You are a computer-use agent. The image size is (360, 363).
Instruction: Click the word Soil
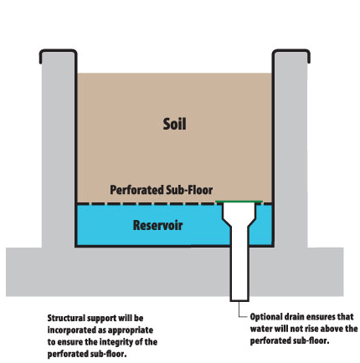[x=174, y=124]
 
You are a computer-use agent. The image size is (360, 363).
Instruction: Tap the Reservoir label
[x=157, y=225]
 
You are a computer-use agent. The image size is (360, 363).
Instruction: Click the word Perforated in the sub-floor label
[x=136, y=190]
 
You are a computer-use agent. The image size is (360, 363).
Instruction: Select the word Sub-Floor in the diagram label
[x=189, y=190]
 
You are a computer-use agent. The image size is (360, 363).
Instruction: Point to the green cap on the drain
[x=239, y=202]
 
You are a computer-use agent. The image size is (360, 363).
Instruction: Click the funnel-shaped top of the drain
[x=239, y=214]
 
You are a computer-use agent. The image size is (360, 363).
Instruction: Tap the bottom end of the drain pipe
[x=239, y=301]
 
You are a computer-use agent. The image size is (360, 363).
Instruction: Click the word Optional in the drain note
[x=265, y=317]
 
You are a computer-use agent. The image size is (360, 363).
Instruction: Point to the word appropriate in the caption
[x=131, y=330]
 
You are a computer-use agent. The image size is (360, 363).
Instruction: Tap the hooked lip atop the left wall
[x=58, y=51]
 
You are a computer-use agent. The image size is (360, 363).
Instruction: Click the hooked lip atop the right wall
[x=291, y=51]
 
